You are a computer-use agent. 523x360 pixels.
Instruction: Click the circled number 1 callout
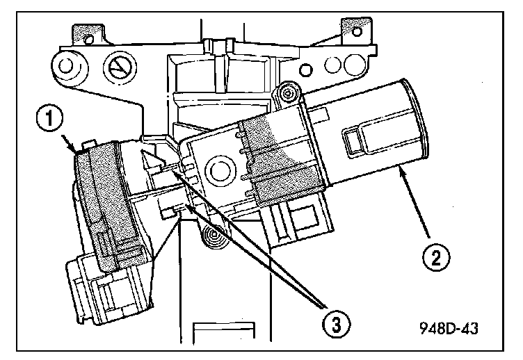coord(49,119)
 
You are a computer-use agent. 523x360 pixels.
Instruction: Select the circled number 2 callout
coord(436,257)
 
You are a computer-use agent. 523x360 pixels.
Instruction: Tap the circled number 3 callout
coord(336,324)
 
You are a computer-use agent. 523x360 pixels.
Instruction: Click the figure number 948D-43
coord(449,329)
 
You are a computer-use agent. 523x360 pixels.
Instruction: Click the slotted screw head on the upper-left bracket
coord(120,68)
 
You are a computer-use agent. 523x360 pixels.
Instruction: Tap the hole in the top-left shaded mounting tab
coord(89,40)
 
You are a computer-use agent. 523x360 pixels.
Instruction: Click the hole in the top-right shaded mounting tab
coord(357,32)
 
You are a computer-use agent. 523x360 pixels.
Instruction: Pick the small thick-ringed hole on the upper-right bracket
coord(306,70)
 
